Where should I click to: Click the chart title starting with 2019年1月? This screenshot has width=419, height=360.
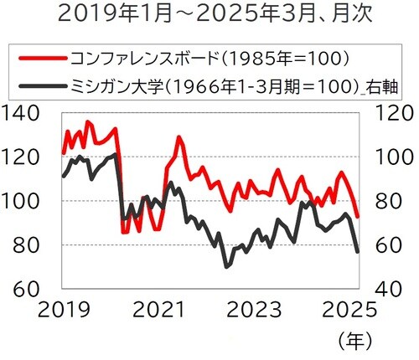209,16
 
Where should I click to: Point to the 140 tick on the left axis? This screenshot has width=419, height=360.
25,115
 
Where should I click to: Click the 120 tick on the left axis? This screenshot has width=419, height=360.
25,157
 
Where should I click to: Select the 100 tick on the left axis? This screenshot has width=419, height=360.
25,201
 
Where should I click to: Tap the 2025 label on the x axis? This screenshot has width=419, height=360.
347,309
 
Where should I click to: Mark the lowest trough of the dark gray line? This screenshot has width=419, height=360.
226,266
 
